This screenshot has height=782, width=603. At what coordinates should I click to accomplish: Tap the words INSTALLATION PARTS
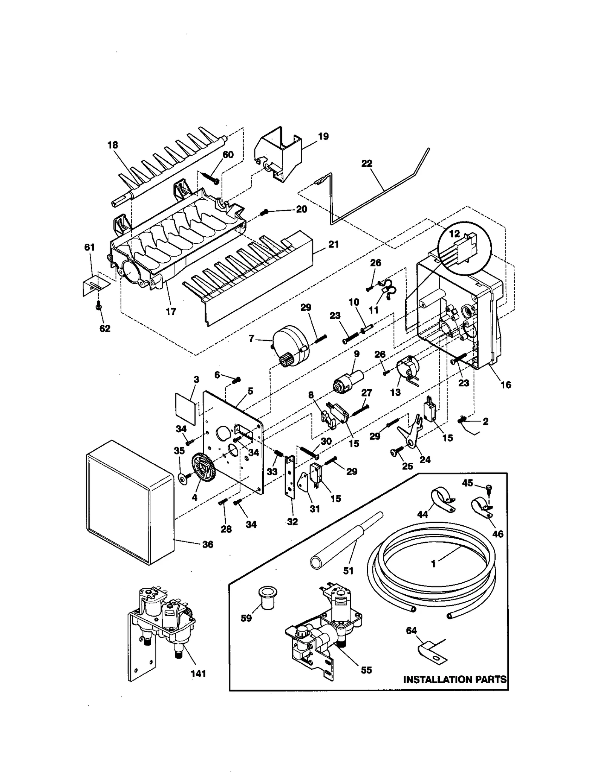tap(455, 679)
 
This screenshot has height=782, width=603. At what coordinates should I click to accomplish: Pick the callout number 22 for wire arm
tap(366, 164)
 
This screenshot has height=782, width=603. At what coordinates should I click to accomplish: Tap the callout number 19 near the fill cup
tap(323, 136)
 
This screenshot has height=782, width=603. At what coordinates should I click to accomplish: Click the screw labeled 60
tap(211, 177)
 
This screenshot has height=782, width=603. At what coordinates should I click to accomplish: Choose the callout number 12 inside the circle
tap(454, 234)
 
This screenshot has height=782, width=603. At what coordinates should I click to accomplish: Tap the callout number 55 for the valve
tap(366, 670)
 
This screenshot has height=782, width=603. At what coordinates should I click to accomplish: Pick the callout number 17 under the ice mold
tap(171, 312)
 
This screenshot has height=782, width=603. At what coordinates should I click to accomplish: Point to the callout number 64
tap(411, 630)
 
